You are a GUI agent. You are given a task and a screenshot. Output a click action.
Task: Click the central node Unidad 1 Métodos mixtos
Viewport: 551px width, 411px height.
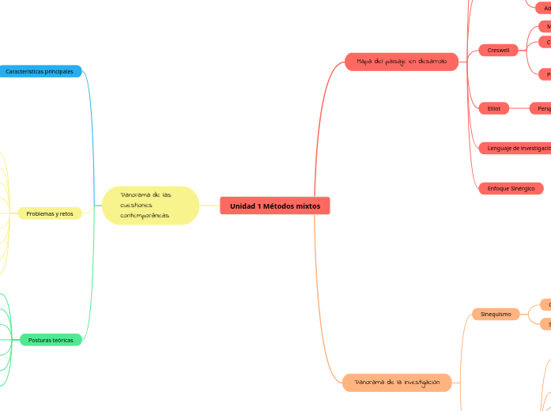pyautogui.click(x=275, y=205)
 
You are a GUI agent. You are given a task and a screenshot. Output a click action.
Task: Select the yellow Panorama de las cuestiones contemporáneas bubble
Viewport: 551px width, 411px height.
pyautogui.click(x=150, y=205)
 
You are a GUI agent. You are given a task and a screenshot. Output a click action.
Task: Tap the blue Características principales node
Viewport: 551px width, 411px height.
pyautogui.click(x=40, y=71)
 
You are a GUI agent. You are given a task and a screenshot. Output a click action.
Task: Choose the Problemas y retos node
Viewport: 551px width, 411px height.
pyautogui.click(x=50, y=213)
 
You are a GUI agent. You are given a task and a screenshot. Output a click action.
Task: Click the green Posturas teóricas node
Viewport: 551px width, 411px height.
pyautogui.click(x=51, y=340)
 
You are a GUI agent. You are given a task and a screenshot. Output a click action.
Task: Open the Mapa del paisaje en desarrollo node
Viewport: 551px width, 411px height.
pyautogui.click(x=402, y=61)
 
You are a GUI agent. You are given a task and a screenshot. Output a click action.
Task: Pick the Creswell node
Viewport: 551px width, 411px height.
pyautogui.click(x=498, y=50)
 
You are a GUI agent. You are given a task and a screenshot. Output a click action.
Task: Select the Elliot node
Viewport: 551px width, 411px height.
pyautogui.click(x=494, y=108)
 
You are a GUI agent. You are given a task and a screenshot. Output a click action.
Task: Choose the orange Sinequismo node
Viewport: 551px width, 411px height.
pyautogui.click(x=496, y=314)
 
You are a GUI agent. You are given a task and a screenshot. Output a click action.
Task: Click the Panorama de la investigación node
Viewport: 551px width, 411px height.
pyautogui.click(x=397, y=382)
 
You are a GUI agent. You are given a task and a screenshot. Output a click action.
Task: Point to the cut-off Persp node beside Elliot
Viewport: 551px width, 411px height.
pyautogui.click(x=543, y=108)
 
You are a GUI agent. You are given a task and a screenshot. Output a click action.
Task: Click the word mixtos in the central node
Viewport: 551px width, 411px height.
pyautogui.click(x=305, y=205)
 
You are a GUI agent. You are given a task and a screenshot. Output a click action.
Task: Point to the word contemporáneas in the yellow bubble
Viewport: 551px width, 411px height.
pyautogui.click(x=145, y=216)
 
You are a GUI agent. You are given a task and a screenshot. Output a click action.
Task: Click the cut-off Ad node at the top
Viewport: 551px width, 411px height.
pyautogui.click(x=545, y=8)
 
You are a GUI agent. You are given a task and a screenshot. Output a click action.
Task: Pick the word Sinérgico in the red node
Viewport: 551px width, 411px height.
pyautogui.click(x=521, y=188)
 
